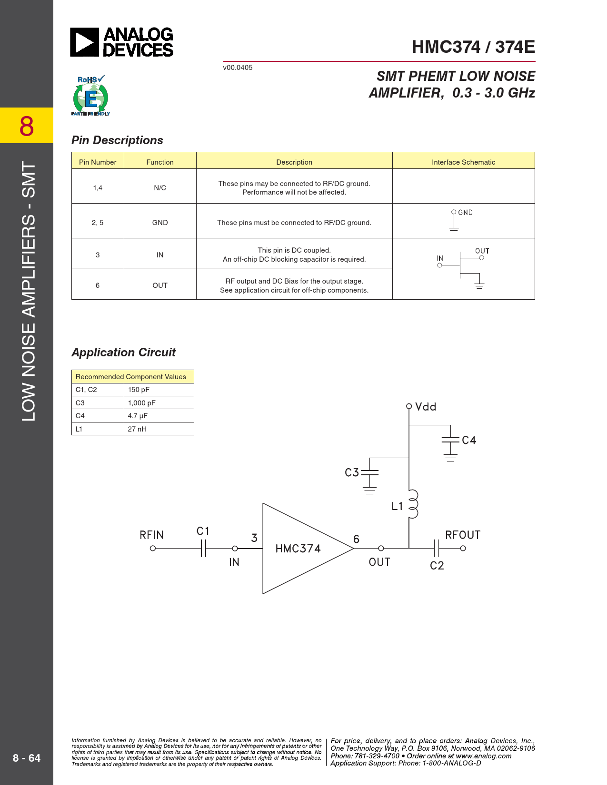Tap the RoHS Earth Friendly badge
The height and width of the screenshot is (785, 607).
pyautogui.click(x=91, y=95)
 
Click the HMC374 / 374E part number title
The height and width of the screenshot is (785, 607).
pyautogui.click(x=473, y=47)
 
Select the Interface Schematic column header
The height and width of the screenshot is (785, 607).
pyautogui.click(x=464, y=162)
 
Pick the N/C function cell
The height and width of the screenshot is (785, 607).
pyautogui.click(x=160, y=188)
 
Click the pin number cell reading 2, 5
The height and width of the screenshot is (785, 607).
pyautogui.click(x=98, y=223)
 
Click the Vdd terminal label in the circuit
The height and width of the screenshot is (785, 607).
pyautogui.click(x=426, y=407)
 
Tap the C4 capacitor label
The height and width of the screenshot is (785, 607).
pyautogui.click(x=469, y=440)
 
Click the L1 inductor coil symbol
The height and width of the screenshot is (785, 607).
pyautogui.click(x=413, y=504)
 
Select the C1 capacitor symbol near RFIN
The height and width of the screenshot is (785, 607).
pyautogui.click(x=204, y=549)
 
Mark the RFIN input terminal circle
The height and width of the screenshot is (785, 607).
pyautogui.click(x=153, y=549)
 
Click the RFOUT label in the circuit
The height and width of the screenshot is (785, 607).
pyautogui.click(x=463, y=535)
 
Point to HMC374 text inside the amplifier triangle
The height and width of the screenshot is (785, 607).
pyautogui.click(x=298, y=549)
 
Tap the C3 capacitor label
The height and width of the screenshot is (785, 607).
pyautogui.click(x=352, y=472)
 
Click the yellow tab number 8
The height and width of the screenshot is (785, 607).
pyautogui.click(x=27, y=127)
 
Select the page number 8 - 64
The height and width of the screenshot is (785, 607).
pyautogui.click(x=27, y=758)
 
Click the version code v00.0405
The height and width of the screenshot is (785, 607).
pyautogui.click(x=238, y=68)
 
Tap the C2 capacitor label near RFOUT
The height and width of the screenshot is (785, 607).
pyautogui.click(x=437, y=565)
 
